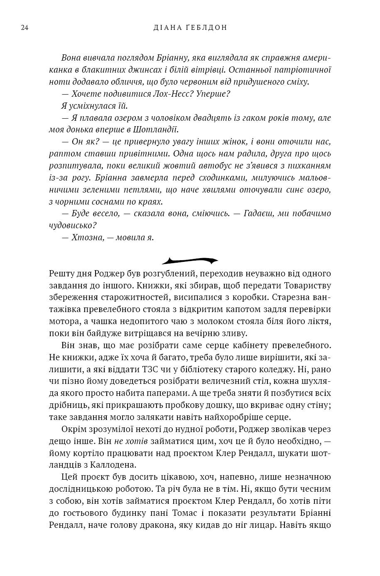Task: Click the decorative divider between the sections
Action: [190, 261]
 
